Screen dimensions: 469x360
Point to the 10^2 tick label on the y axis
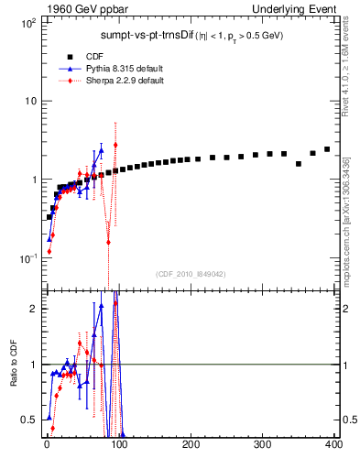tap(27, 22)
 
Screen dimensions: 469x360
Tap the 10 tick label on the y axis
tap(29, 101)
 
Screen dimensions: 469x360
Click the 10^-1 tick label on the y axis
tap(27, 259)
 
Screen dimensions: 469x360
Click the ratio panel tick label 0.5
tap(27, 420)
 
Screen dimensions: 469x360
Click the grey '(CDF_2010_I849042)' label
tap(190, 274)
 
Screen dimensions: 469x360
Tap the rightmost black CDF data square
tap(327, 149)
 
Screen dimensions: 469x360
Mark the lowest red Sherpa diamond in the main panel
tap(49, 251)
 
